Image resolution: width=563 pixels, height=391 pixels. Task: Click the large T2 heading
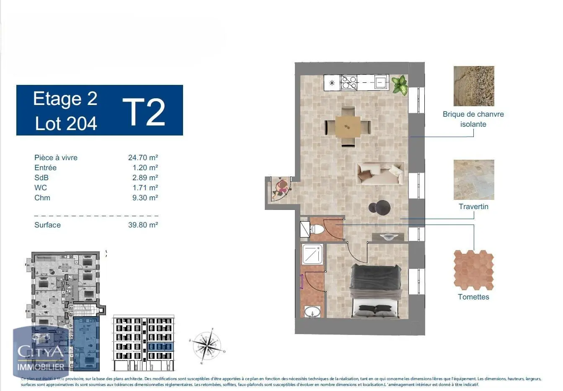coord(144,112)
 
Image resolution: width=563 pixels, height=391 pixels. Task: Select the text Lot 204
coord(66,123)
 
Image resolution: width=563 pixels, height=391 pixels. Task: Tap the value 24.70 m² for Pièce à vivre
coord(143,158)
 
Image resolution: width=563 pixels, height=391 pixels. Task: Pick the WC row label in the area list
coord(41,188)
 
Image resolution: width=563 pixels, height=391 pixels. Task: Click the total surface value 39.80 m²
coord(143,225)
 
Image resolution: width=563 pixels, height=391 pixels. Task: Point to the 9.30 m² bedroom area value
coord(145,198)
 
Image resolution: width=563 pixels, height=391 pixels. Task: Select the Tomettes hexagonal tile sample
coord(474,270)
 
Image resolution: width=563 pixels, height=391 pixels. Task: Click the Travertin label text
coord(473,207)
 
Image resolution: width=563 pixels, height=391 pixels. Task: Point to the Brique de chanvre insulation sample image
coord(474,86)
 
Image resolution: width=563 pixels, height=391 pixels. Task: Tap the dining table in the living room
coord(348,126)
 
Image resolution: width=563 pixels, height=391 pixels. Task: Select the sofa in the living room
coord(380,174)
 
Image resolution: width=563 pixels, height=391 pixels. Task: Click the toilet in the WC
coord(317,229)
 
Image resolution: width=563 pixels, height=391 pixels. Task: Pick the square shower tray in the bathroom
coord(312,254)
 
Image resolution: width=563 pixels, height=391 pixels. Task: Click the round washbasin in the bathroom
coord(312,312)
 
